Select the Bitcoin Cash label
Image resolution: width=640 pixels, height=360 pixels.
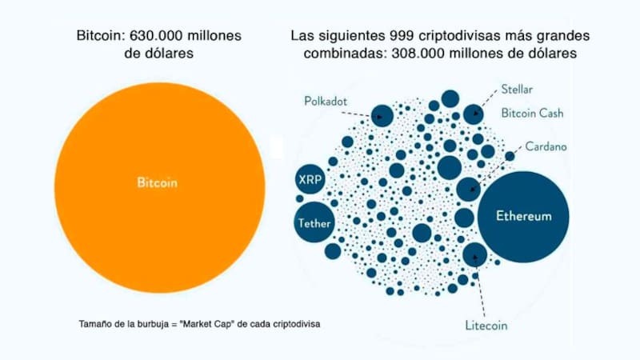[x=532, y=114]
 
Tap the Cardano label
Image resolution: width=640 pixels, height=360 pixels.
[x=547, y=147]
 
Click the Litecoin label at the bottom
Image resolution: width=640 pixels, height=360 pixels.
[x=487, y=326]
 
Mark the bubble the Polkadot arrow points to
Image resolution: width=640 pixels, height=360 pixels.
[x=382, y=115]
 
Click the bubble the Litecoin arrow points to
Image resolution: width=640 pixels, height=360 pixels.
[x=475, y=254]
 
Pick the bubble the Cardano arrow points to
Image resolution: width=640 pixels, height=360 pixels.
[x=468, y=190]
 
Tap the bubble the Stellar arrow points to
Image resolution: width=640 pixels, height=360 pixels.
[x=474, y=114]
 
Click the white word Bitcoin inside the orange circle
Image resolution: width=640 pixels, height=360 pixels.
[x=157, y=182]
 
